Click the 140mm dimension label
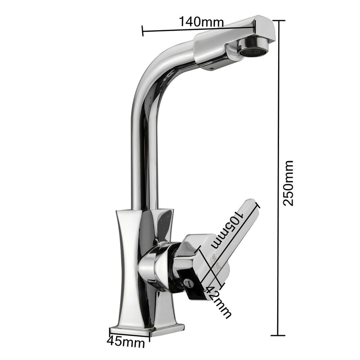[201, 21]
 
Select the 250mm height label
[288, 183]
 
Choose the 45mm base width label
[126, 342]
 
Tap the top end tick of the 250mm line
[279, 21]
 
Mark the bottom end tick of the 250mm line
[279, 335]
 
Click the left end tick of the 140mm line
[143, 31]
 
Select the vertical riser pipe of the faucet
[140, 157]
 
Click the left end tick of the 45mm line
[110, 333]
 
